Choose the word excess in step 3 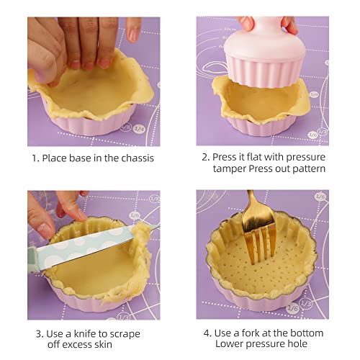[x=76, y=346]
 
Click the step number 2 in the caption [x=206, y=157]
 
